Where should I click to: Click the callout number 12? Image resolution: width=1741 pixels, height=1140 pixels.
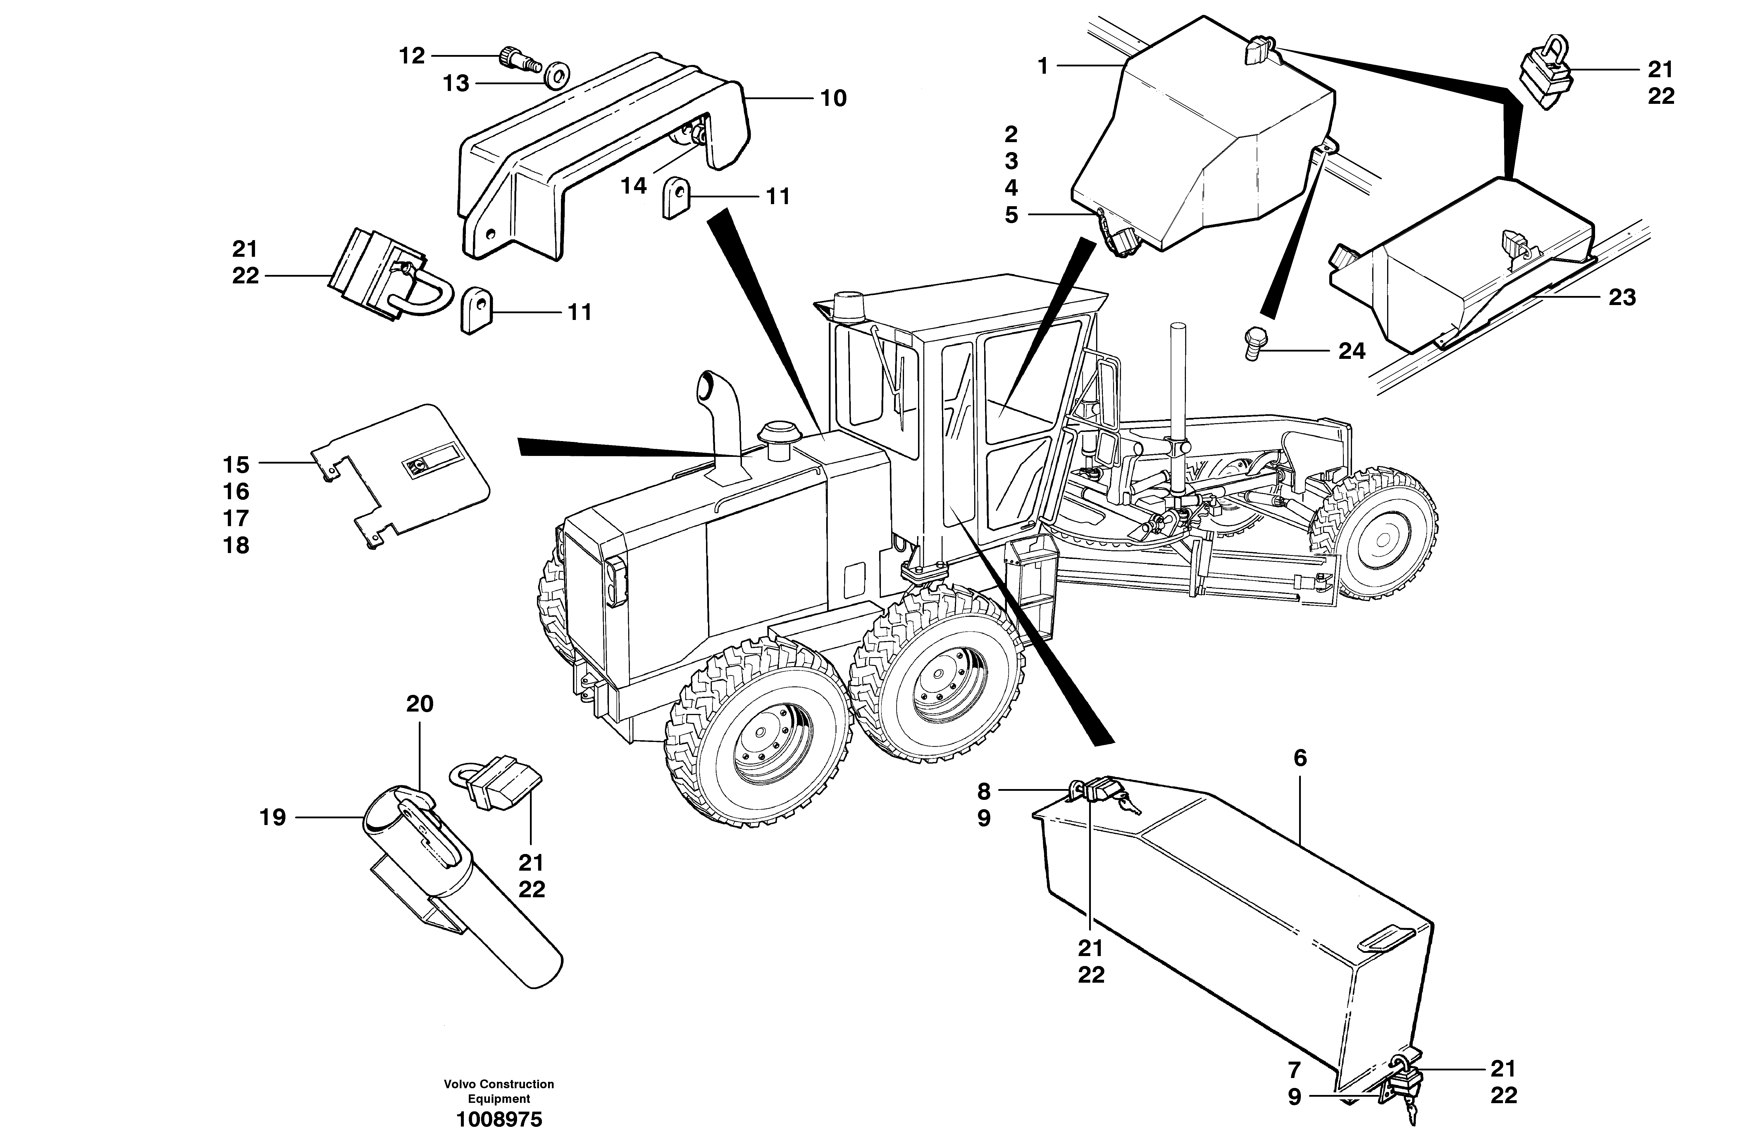(412, 56)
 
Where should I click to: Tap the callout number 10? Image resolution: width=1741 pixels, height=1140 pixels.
(833, 98)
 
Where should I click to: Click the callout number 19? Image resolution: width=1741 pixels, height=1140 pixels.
(273, 817)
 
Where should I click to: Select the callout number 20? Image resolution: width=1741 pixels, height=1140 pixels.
(420, 704)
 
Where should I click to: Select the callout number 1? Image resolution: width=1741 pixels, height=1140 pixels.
(1042, 67)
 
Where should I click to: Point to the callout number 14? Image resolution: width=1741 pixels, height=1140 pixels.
(633, 186)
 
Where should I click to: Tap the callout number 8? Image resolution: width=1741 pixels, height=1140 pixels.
(984, 791)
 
